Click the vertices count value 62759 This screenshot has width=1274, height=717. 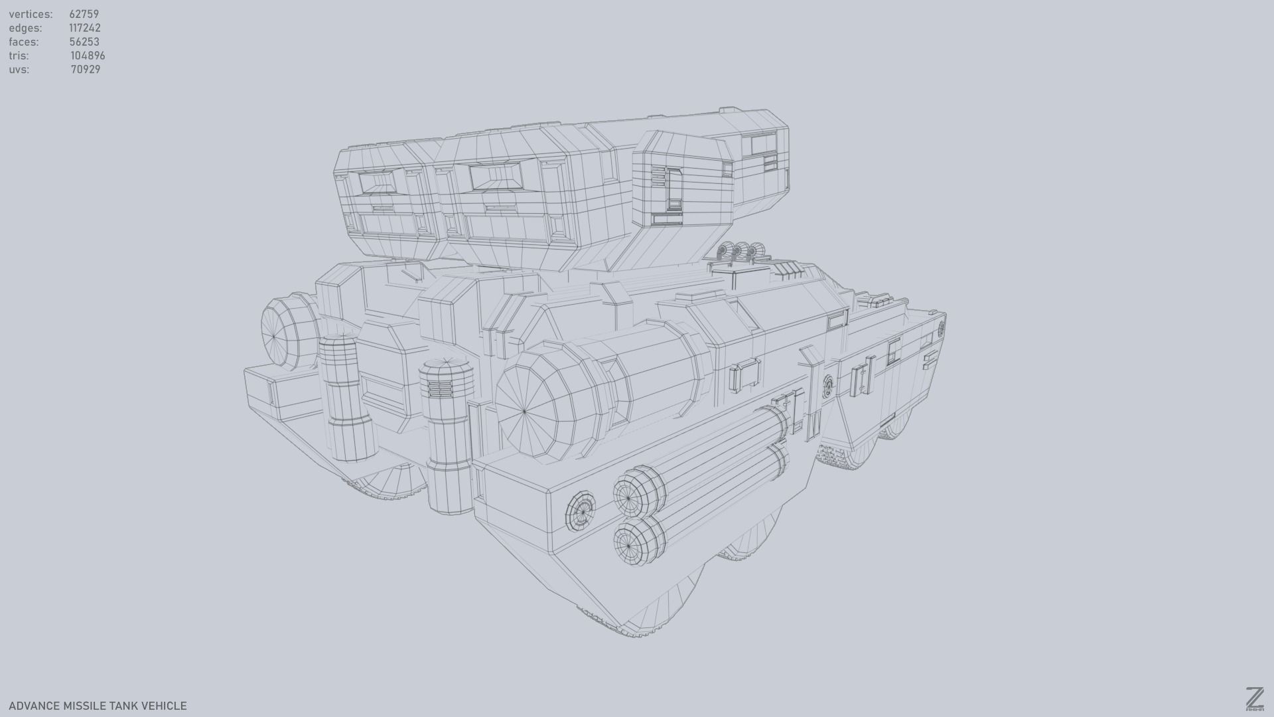84,14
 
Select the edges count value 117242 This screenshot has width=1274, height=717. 84,28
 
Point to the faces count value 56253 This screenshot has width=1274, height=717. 84,42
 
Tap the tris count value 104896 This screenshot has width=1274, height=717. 88,56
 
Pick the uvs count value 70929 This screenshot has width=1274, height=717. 86,70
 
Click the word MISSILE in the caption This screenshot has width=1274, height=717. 84,706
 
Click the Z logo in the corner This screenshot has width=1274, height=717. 1254,698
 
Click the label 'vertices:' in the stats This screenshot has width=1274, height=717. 31,14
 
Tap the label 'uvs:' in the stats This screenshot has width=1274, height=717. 19,70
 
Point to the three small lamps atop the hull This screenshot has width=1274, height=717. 740,251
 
